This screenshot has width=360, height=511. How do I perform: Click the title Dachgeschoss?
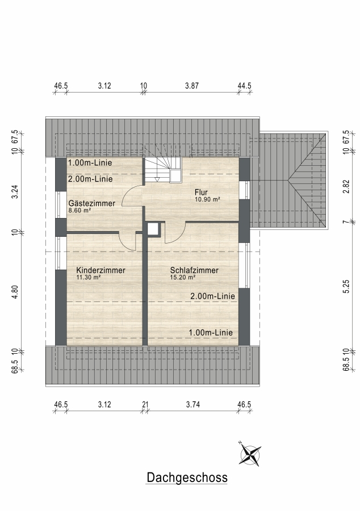[x=187, y=478]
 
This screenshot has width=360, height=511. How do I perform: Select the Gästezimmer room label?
[x=92, y=203]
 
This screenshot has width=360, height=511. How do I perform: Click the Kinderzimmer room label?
[x=101, y=270]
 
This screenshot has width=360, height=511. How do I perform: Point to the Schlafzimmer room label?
[x=194, y=270]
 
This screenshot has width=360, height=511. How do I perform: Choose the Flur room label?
[x=201, y=192]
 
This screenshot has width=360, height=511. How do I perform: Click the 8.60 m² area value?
[x=79, y=211]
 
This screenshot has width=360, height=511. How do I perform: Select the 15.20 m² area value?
[x=182, y=278]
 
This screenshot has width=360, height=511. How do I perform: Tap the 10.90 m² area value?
[x=207, y=199]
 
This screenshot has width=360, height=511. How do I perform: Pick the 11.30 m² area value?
[x=88, y=278]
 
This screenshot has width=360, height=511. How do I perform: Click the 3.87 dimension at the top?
[x=192, y=86]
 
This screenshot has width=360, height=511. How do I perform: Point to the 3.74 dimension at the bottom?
[x=193, y=404]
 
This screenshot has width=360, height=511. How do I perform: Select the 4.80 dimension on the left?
[x=15, y=292]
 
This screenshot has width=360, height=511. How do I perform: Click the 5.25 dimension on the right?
[x=346, y=287]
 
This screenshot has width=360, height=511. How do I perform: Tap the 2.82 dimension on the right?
[x=346, y=186]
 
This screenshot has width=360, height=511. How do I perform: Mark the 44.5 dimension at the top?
[x=244, y=86]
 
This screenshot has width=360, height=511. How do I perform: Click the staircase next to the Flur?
[x=162, y=170]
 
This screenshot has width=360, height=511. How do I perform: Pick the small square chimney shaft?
[x=154, y=229]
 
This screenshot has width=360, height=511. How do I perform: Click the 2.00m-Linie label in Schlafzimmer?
[x=212, y=296]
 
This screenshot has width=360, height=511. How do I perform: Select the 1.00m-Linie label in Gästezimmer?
[x=90, y=162]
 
